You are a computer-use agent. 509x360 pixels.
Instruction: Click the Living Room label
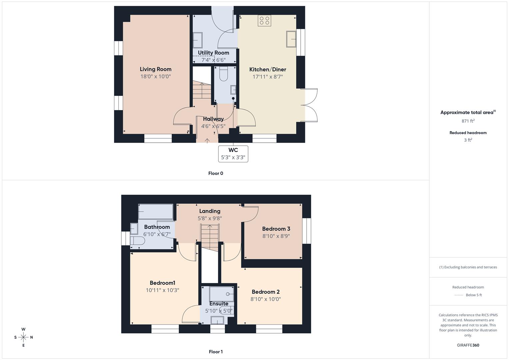coord(155,69)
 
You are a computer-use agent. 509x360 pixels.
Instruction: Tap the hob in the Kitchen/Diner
coord(264,21)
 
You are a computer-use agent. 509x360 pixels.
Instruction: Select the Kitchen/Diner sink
coord(291,39)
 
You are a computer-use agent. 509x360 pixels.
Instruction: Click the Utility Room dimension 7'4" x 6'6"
coord(213,60)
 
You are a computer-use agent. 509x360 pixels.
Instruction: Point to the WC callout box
coord(233,154)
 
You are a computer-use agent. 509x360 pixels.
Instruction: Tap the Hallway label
coord(213,119)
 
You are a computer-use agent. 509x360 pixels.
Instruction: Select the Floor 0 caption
coord(216,173)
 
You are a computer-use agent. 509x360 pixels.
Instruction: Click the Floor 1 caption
coord(216,352)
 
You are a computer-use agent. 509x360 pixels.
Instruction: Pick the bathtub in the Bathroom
coord(155,212)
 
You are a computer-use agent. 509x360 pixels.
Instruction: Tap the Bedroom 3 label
coord(276,229)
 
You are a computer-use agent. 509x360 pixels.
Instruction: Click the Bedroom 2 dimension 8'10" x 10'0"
coord(266,299)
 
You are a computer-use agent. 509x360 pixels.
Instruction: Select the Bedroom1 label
coord(162,283)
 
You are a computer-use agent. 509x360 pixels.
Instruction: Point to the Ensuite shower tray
coord(221,294)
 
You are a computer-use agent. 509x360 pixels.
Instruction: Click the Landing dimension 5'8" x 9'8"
coord(210,219)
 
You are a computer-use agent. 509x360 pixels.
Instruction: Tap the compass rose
coord(23,337)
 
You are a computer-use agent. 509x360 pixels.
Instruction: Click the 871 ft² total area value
coord(468,121)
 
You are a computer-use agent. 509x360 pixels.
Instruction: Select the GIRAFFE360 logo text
coord(468,345)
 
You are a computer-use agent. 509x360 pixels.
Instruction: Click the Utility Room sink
coord(198,40)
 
